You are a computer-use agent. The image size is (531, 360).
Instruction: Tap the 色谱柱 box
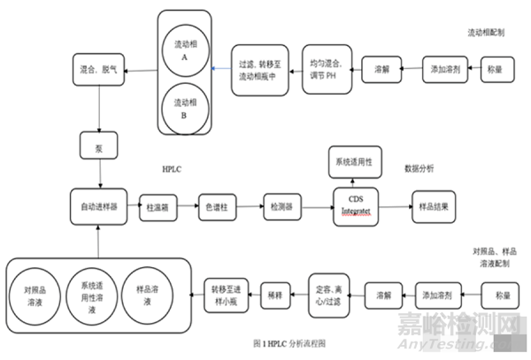tap(219, 206)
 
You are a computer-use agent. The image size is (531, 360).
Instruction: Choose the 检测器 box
tap(281, 206)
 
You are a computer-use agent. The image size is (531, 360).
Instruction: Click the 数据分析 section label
tap(419, 167)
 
